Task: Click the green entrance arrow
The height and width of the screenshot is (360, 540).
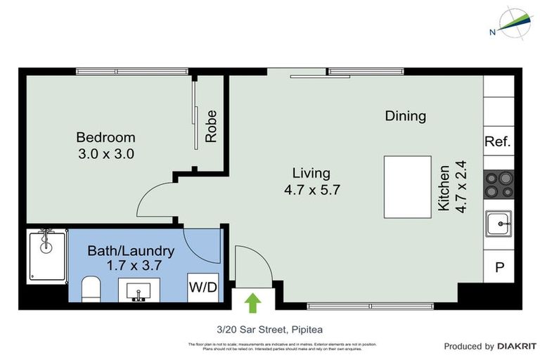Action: point(252,302)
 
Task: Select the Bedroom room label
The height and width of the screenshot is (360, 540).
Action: point(105,137)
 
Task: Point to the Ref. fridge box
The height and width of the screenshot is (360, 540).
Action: point(498,141)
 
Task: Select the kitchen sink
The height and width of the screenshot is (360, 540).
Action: point(499,224)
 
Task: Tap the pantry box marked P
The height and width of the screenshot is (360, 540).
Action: point(499,267)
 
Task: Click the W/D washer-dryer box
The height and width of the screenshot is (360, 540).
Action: point(202,287)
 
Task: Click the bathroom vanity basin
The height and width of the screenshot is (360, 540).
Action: point(139,290)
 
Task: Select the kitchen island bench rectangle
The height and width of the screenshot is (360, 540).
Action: point(407,187)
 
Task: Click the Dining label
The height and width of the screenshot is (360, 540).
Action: point(406,116)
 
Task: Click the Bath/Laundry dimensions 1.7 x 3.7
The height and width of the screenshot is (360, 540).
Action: point(131,266)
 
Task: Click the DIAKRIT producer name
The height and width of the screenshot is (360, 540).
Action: point(517,347)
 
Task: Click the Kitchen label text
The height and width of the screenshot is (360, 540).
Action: point(444,188)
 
